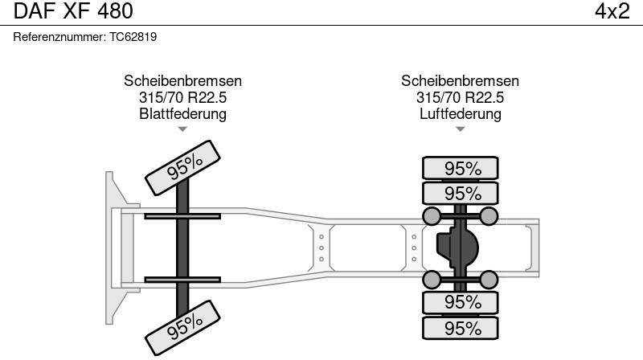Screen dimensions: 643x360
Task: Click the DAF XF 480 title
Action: [x=73, y=11]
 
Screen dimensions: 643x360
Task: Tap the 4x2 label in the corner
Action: [x=612, y=11]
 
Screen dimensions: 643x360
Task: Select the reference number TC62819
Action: [x=133, y=37]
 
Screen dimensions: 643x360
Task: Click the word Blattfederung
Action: [x=183, y=113]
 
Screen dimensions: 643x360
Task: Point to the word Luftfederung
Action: [x=460, y=113]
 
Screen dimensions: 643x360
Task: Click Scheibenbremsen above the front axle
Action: [x=183, y=81]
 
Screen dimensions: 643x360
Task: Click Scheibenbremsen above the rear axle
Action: [x=460, y=81]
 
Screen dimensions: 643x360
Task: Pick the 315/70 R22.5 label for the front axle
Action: [x=183, y=97]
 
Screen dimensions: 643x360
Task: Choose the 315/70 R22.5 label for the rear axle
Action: [x=460, y=97]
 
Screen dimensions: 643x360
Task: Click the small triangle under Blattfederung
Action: [x=182, y=129]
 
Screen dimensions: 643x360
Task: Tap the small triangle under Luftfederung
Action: [x=460, y=129]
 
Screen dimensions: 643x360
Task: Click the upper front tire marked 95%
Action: [x=183, y=168]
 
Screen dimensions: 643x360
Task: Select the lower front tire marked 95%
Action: [x=183, y=328]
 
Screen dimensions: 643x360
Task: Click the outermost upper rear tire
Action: [x=461, y=168]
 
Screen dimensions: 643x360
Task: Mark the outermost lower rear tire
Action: [x=461, y=328]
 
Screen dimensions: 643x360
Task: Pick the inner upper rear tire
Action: [x=461, y=193]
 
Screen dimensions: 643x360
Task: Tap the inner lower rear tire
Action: [x=461, y=303]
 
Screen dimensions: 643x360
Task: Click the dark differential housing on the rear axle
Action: [x=457, y=247]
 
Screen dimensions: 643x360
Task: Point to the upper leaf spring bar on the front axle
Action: [x=182, y=216]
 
